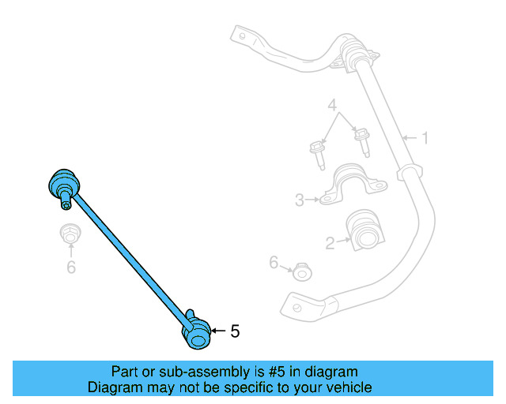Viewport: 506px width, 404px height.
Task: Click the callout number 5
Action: point(235,332)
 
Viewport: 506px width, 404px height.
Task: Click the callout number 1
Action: point(425,139)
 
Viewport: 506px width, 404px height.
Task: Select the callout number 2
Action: point(330,245)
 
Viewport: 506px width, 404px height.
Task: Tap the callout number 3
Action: point(300,200)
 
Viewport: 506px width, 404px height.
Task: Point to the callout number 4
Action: point(333,105)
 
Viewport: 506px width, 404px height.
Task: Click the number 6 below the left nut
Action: point(71,267)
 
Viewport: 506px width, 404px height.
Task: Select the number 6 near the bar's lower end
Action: point(274,262)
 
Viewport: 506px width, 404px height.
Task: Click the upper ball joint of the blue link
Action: point(63,183)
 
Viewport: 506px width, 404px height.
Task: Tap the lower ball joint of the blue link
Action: point(196,332)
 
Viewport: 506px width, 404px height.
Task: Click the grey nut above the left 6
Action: point(70,234)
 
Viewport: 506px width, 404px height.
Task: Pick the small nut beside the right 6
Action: point(301,273)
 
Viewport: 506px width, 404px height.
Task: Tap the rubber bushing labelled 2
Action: point(368,227)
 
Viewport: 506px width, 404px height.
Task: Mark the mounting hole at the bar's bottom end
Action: point(293,302)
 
